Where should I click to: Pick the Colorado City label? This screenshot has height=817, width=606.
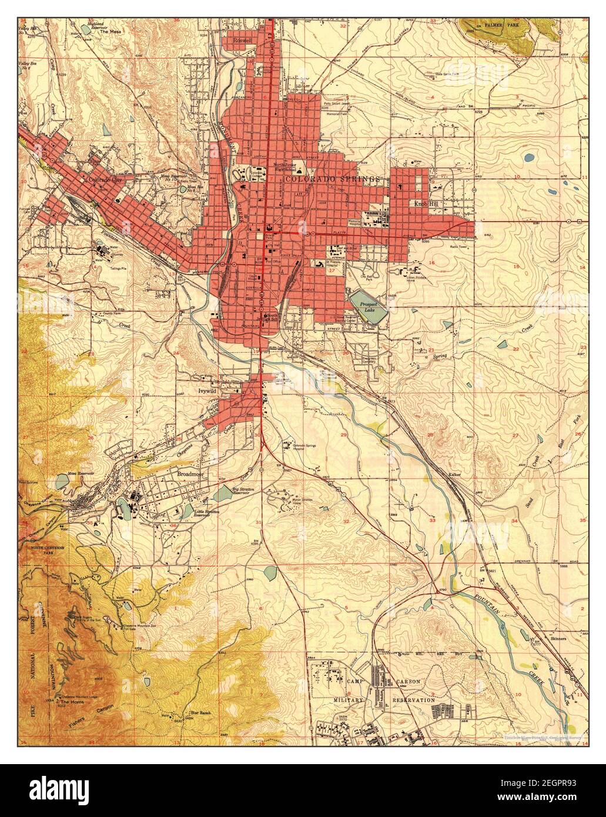(x=105, y=180)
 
